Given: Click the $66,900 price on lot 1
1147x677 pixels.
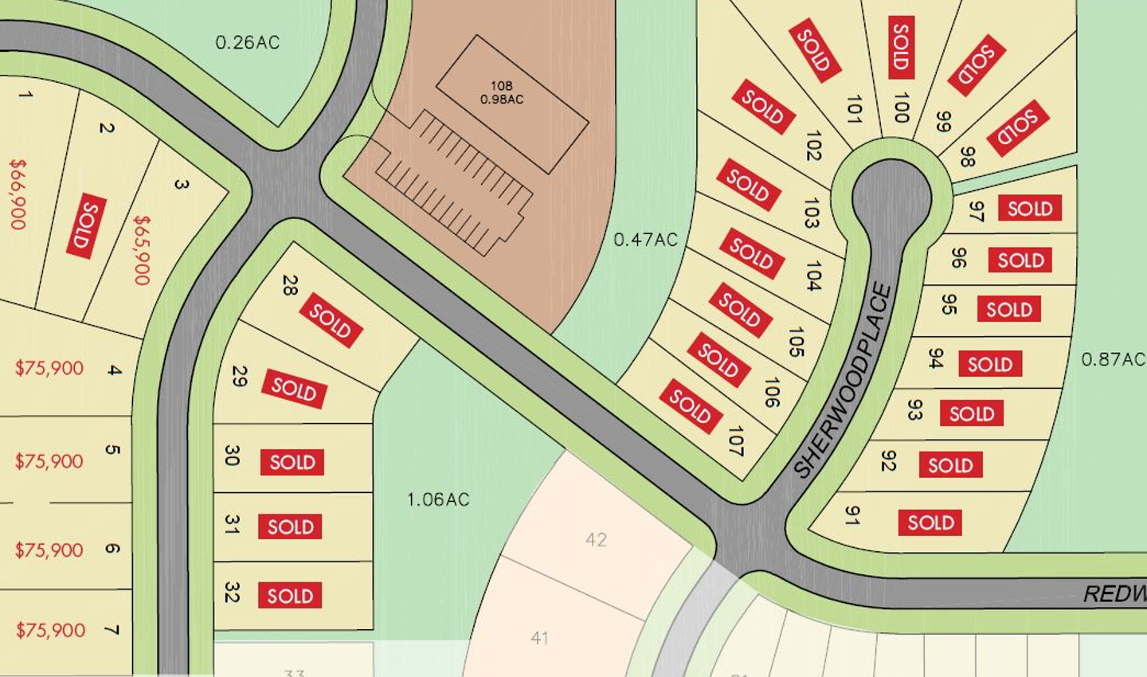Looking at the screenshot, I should (18, 194).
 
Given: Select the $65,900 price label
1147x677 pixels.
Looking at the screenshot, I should (142, 249).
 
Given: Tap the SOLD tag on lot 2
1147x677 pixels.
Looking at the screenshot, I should (86, 225).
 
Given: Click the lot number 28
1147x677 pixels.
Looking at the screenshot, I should (289, 285).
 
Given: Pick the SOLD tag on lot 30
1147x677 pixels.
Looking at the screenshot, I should (292, 462).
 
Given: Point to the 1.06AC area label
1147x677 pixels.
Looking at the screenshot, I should (438, 499).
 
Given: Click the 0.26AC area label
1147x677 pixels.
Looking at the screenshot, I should (248, 42).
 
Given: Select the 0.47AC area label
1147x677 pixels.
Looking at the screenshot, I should (645, 239).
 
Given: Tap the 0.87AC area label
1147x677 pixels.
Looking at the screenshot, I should (1112, 359).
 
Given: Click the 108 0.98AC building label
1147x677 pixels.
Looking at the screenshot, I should (502, 92).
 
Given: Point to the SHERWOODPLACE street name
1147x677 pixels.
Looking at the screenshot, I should (843, 381).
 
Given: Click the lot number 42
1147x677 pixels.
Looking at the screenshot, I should (596, 539).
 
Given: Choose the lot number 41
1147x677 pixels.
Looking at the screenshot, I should (539, 637).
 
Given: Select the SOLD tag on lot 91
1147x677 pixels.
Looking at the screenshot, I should (930, 522).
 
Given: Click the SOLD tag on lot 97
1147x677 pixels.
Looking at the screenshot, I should (1030, 209).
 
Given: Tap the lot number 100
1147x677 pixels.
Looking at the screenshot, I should (901, 108).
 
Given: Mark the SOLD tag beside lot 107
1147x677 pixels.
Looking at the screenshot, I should (691, 406).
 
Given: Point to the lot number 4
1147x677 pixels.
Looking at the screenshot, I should (115, 370).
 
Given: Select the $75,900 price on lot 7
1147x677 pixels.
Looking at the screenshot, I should (50, 630).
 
